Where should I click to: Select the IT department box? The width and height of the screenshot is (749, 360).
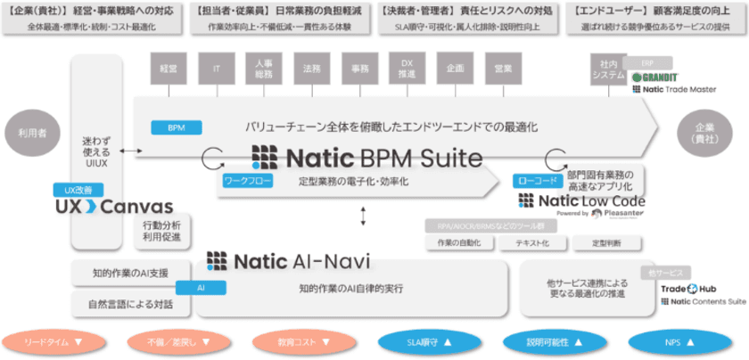(x=216, y=67)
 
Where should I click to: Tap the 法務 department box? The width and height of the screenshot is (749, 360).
(x=312, y=67)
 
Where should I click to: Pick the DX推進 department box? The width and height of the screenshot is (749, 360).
(x=407, y=67)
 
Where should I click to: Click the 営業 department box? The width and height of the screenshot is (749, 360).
(x=503, y=67)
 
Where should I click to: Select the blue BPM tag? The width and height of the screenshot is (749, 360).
(x=176, y=128)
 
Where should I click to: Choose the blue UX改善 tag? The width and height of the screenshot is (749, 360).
(x=78, y=189)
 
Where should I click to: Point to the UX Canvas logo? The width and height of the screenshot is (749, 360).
(x=113, y=207)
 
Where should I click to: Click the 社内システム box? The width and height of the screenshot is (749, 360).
(x=608, y=70)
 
